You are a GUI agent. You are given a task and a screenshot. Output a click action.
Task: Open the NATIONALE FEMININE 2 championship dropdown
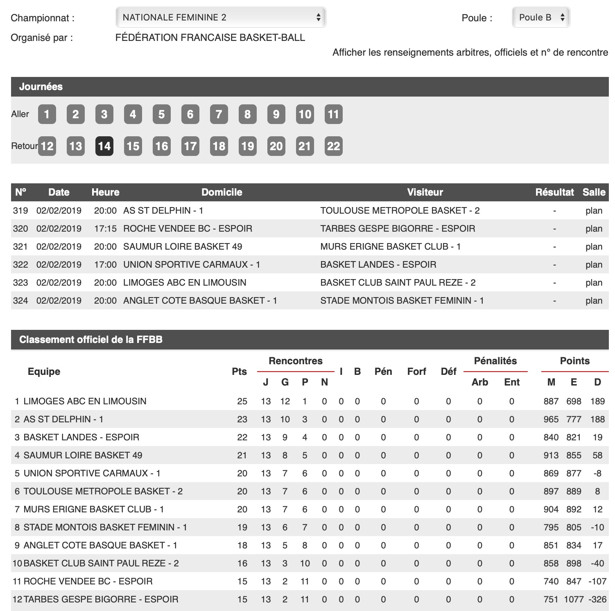(x=221, y=17)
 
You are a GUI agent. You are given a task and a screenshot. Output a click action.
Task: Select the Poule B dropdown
(x=541, y=17)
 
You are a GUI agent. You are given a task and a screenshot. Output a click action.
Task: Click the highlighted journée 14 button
(x=104, y=146)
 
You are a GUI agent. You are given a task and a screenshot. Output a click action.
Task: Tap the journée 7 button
(x=219, y=114)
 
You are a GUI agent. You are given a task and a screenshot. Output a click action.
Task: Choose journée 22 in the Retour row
(x=334, y=146)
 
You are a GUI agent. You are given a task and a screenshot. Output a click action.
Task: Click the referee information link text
(x=470, y=52)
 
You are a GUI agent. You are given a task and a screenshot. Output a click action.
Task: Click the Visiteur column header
(x=425, y=192)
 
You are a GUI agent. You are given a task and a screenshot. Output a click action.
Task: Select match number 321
(x=20, y=246)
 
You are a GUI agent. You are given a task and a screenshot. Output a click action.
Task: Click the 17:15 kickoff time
(x=105, y=228)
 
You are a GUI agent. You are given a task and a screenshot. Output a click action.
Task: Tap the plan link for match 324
(x=594, y=300)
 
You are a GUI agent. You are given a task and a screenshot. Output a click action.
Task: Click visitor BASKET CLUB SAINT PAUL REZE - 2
(x=398, y=282)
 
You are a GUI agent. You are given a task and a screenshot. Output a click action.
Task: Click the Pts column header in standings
(x=239, y=372)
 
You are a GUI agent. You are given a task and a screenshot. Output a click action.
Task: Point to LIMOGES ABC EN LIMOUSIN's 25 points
(x=242, y=401)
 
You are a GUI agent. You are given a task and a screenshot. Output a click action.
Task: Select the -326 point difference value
(x=597, y=600)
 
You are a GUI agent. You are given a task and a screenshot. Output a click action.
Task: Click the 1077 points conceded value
(x=574, y=600)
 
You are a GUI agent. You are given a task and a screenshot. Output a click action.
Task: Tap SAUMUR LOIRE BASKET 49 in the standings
(x=83, y=455)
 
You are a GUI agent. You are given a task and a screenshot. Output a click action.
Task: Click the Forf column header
(x=416, y=372)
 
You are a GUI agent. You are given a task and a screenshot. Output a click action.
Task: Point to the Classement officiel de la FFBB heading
(x=91, y=340)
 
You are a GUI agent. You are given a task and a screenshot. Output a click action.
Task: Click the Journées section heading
(x=41, y=87)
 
